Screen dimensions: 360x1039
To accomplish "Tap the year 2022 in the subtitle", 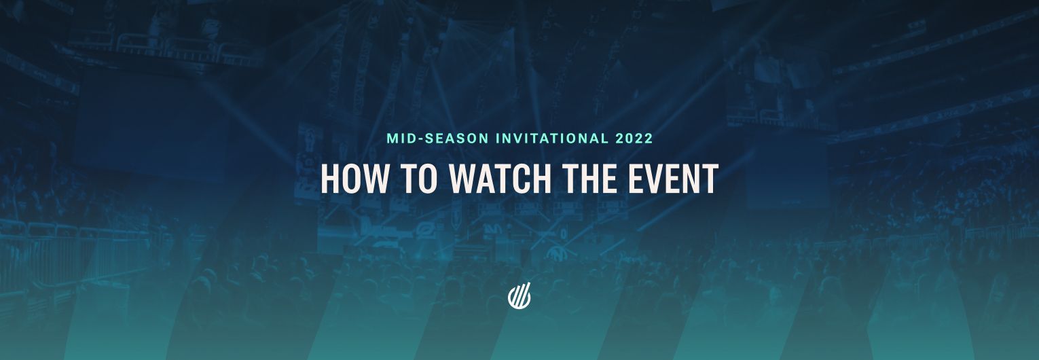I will (634, 139).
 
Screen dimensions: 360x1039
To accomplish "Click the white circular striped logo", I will (519, 297).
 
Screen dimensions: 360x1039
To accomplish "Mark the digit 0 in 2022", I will (629, 139).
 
